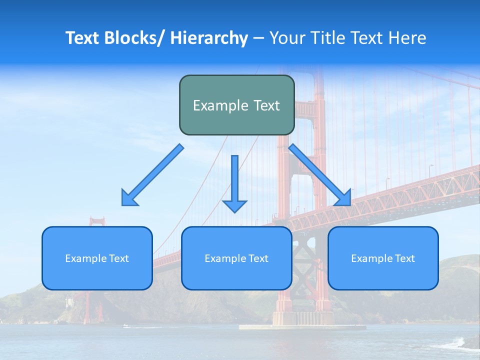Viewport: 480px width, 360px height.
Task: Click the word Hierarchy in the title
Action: (209, 38)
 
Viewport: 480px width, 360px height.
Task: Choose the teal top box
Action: (236, 105)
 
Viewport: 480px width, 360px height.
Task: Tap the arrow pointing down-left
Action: (152, 175)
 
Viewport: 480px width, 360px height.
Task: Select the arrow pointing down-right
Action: (320, 175)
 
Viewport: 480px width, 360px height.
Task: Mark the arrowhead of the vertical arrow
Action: (234, 205)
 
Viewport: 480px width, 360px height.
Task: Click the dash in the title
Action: (258, 38)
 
